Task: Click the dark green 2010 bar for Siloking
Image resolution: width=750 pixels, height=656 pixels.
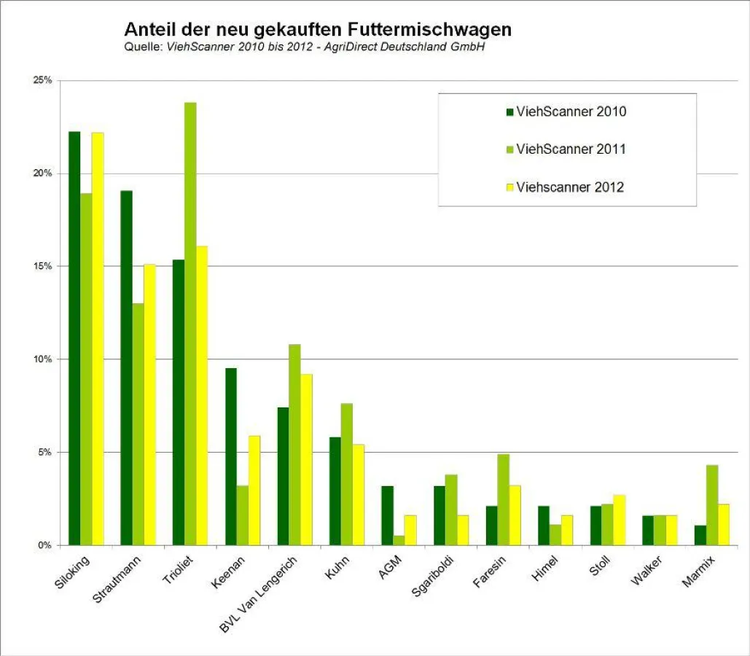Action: (74, 338)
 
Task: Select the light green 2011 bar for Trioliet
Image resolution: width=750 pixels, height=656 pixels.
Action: (190, 324)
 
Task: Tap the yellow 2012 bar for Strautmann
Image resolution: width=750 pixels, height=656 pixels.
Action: (149, 405)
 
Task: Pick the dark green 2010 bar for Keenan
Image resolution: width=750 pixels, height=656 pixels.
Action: (231, 456)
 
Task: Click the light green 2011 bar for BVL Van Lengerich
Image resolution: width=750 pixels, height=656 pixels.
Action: (294, 445)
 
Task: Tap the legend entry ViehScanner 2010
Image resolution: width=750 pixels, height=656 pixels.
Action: (571, 112)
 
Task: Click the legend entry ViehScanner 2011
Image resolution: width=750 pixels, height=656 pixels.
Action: (571, 149)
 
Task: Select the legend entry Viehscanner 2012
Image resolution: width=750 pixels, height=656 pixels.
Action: (569, 187)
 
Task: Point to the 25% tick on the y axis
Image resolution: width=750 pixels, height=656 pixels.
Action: (43, 80)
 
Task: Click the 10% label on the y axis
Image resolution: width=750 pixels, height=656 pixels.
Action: (43, 359)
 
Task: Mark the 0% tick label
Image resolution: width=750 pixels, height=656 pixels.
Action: (45, 545)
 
